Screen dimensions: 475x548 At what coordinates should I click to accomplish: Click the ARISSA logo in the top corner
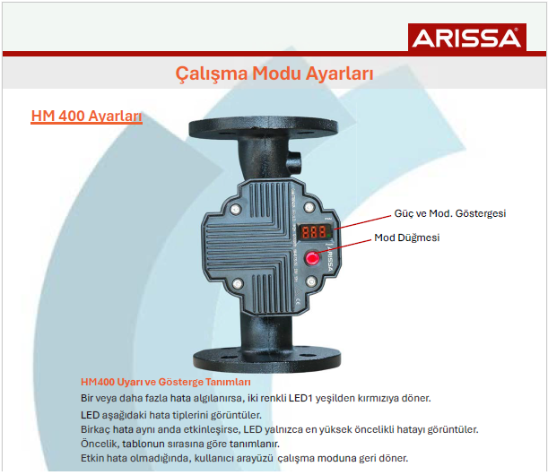465,39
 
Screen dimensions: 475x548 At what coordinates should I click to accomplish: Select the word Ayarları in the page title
340,73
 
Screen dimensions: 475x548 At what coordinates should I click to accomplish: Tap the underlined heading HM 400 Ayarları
86,117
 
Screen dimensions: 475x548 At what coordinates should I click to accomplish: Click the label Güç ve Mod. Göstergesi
450,213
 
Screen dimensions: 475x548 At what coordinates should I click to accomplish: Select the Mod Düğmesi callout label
407,237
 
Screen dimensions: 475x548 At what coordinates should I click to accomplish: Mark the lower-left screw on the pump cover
237,284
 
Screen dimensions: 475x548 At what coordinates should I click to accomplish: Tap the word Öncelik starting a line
99,444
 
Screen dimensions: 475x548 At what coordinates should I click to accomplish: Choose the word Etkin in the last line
94,458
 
